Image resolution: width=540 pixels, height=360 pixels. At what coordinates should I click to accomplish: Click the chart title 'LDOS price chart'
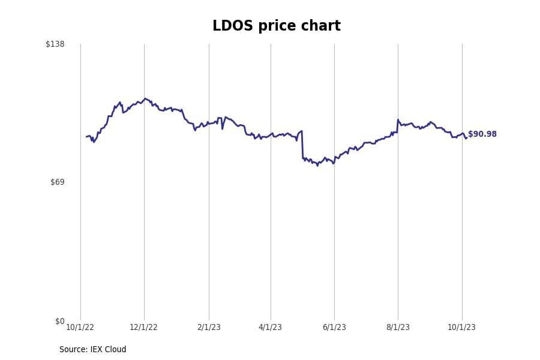276,26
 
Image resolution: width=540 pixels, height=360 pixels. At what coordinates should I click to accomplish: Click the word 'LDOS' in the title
232,26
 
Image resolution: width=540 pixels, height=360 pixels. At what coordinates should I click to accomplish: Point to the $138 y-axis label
55,44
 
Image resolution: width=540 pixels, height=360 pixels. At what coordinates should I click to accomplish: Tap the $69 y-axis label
57,182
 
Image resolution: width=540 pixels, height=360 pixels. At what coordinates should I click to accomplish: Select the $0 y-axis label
59,321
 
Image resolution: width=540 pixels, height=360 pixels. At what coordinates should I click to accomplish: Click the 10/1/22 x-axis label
80,327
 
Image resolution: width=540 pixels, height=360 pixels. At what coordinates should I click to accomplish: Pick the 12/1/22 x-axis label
143,327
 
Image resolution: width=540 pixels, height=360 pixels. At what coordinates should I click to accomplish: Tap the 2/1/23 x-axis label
209,327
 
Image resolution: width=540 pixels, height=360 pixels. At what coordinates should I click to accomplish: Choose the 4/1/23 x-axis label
270,327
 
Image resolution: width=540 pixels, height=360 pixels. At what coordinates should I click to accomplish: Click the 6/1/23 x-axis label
334,327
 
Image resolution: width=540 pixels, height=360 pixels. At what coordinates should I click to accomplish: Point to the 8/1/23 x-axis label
398,327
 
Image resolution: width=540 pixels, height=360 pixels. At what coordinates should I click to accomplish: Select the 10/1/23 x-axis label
461,327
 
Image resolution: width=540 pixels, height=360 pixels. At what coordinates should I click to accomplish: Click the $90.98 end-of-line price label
482,134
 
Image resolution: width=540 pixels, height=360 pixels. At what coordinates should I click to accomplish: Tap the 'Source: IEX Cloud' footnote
92,349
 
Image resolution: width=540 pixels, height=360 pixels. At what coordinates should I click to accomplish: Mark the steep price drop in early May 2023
302,145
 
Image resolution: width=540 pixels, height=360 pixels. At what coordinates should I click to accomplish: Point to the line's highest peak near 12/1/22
145,99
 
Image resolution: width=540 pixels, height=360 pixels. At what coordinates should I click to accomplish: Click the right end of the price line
466,137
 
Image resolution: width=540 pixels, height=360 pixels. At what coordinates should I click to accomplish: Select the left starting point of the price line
87,137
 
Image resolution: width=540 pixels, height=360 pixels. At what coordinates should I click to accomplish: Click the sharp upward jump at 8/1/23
397,125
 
